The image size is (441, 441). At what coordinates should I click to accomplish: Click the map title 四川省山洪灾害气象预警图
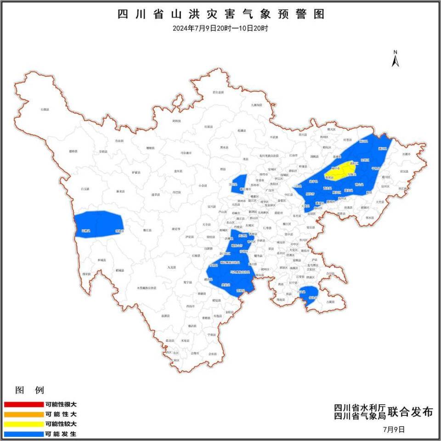[x=221, y=14]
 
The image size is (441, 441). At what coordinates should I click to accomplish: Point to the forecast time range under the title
[x=220, y=28]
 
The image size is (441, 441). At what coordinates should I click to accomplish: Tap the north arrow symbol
[x=395, y=59]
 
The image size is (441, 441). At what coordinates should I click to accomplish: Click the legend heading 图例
[x=29, y=391]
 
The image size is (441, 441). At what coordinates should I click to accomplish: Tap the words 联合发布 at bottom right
[x=410, y=412]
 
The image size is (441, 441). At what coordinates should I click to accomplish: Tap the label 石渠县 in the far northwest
[x=45, y=109]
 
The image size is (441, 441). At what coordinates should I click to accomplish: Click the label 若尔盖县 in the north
[x=218, y=92]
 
